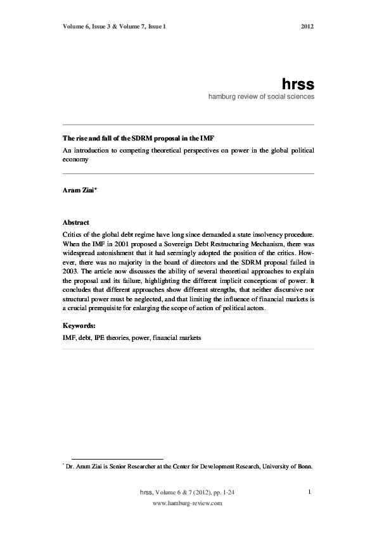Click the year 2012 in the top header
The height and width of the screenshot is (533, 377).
[x=307, y=27]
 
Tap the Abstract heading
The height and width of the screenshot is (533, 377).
[x=76, y=223]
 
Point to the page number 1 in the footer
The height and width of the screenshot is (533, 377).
[x=308, y=492]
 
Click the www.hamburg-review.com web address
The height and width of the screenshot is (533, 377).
[x=188, y=503]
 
